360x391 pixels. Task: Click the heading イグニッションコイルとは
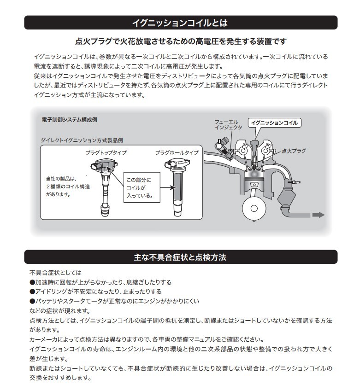click(180, 23)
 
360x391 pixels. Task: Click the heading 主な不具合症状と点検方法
click(180, 257)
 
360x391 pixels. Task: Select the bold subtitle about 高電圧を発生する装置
click(180, 41)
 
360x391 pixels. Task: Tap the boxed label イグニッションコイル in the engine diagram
click(275, 123)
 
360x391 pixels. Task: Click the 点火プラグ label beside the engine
click(294, 151)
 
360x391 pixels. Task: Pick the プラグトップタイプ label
click(106, 152)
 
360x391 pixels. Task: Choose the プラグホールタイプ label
click(177, 152)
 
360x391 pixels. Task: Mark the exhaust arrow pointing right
click(318, 215)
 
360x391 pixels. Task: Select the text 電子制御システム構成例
click(70, 120)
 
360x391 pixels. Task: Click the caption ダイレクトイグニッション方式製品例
click(81, 140)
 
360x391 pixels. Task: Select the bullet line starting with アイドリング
click(95, 292)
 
